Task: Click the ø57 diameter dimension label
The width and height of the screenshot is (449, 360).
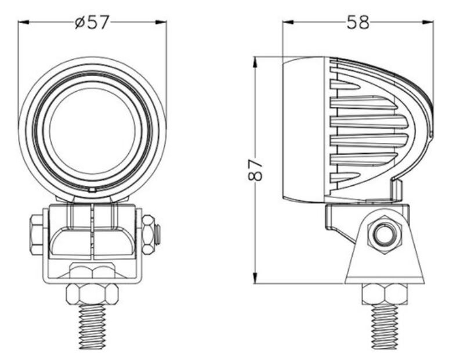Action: (92, 23)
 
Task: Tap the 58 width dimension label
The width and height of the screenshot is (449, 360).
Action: (358, 23)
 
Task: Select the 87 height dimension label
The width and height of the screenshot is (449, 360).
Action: (255, 170)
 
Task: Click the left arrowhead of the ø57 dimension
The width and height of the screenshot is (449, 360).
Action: (24, 23)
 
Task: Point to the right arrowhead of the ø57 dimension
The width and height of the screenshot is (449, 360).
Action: (161, 23)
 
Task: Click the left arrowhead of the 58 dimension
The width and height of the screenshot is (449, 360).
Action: (288, 23)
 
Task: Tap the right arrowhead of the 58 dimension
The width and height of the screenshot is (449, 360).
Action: (428, 23)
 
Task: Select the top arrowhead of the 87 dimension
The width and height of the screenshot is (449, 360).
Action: (255, 63)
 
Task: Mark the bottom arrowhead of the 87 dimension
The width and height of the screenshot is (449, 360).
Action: (255, 278)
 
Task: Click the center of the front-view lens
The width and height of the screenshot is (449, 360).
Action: (92, 131)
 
